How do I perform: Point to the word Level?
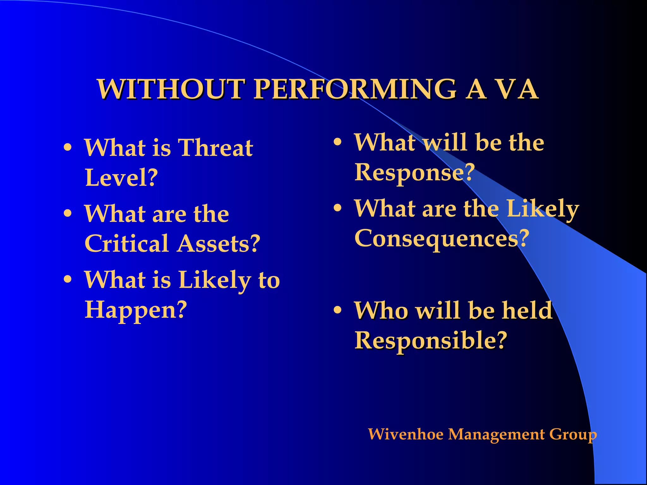coord(121,177)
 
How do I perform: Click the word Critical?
coord(126,244)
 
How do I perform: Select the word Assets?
coord(218,244)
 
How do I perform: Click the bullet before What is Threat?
coord(68,148)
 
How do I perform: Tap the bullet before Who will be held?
coord(338,310)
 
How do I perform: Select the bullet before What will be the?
coord(338,142)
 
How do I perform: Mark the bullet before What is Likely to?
coord(68,280)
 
